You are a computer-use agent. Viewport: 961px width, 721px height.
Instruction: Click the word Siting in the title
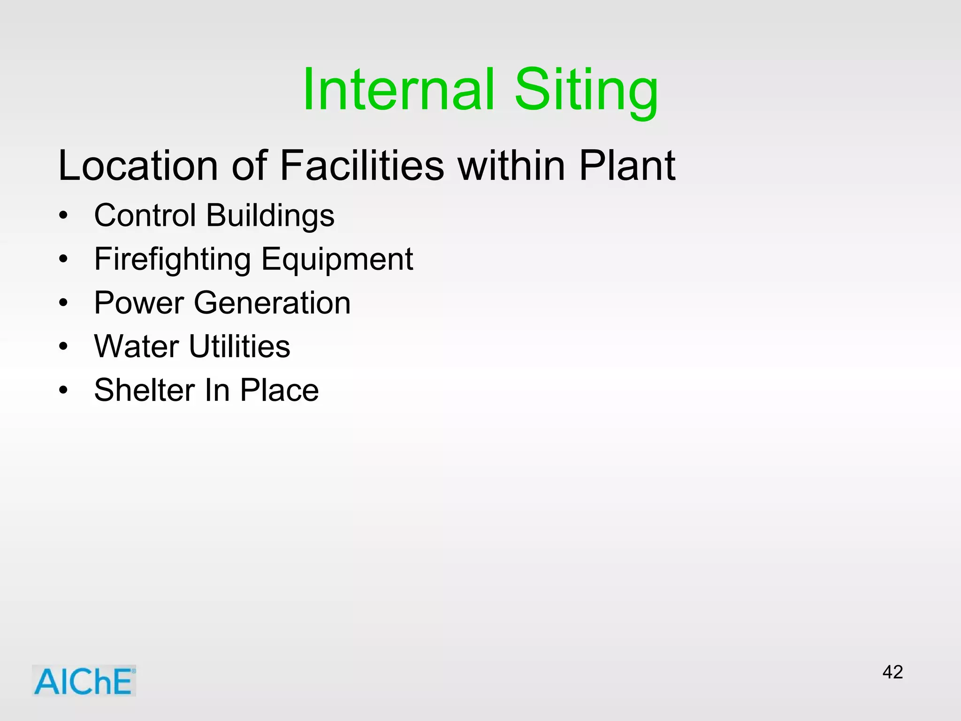coord(587,92)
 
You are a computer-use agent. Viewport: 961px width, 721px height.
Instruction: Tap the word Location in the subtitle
coord(138,165)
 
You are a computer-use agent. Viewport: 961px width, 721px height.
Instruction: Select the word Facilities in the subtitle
coord(361,165)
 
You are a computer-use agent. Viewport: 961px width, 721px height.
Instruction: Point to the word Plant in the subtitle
coord(627,165)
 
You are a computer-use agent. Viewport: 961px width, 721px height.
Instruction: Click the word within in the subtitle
coord(511,165)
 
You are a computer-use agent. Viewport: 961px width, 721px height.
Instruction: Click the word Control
coord(145,215)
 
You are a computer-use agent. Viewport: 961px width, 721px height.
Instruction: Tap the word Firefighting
coord(172,260)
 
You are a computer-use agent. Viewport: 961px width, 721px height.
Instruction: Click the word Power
coord(139,303)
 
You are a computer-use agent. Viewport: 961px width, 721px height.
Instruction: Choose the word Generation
coord(272,303)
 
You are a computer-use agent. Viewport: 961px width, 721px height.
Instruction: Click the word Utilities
coord(239,346)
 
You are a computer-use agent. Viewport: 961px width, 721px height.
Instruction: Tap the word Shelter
coord(145,390)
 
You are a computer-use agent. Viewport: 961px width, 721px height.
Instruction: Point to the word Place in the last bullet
coord(279,390)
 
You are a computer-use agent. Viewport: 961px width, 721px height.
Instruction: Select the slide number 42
coord(892,672)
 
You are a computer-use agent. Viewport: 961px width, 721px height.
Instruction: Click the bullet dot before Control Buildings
coord(63,216)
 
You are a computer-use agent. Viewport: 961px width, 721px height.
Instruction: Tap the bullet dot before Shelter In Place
coord(63,391)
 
